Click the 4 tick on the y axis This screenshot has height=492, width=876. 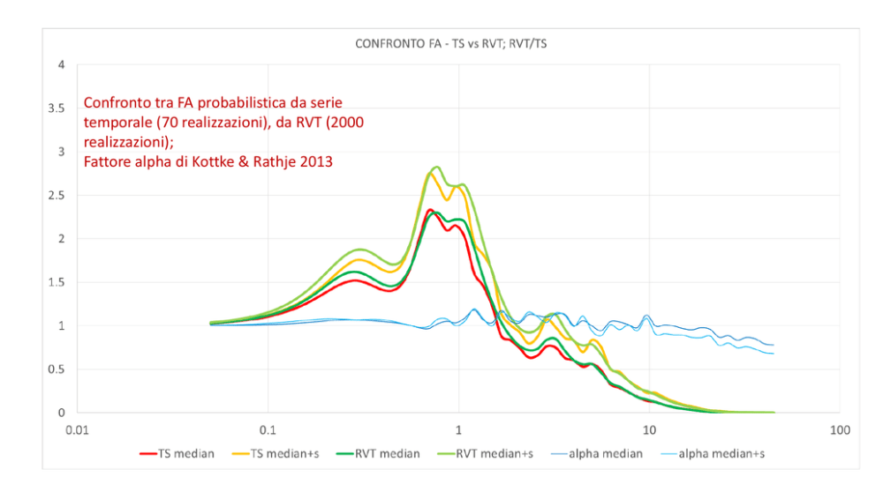[x=61, y=65]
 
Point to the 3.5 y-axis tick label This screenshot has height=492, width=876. [x=57, y=108]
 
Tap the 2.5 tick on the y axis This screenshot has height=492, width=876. [x=57, y=196]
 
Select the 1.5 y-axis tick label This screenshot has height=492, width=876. [x=57, y=282]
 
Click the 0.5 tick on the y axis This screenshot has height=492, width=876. [x=57, y=369]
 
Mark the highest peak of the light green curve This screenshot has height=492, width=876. [x=436, y=167]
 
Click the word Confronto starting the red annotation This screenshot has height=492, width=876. [x=115, y=102]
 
